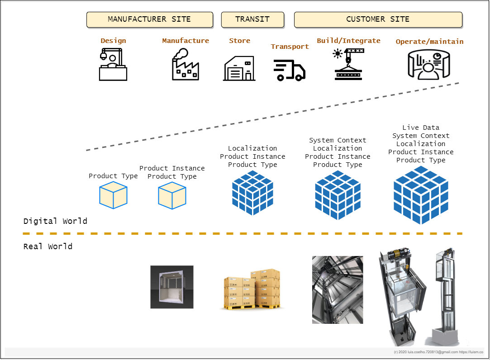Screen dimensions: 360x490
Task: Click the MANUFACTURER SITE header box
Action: (149, 19)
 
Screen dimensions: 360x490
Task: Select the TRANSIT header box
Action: (252, 19)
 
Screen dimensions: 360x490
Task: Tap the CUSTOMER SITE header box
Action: (378, 19)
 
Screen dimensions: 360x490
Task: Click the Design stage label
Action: (113, 41)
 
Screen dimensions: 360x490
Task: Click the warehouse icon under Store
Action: (239, 68)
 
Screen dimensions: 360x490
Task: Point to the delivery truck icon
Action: (290, 70)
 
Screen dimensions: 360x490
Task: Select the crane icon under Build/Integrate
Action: (348, 64)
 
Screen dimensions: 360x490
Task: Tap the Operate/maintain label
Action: (429, 42)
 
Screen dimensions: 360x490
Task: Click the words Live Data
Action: (421, 128)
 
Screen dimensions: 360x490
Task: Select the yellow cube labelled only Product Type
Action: (113, 195)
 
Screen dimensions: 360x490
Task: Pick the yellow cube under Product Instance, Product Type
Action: (172, 195)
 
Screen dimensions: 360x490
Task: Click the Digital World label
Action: (55, 221)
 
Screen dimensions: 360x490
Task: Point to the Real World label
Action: (48, 246)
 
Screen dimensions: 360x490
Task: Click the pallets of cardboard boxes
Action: (252, 289)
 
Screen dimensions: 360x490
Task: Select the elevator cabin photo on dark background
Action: (172, 287)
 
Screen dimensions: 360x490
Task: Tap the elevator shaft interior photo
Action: (338, 289)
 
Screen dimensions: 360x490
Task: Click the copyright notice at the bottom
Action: (438, 352)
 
